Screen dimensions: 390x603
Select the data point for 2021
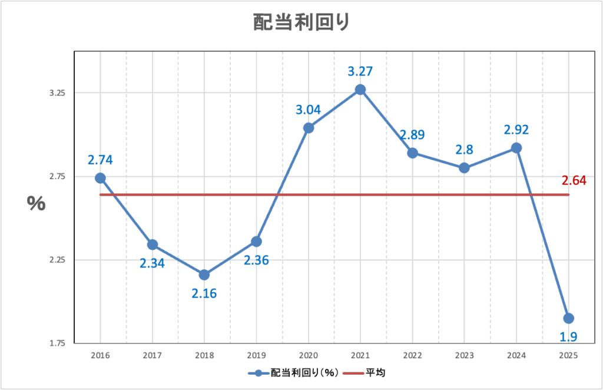[360, 90]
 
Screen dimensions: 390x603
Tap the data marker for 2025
[568, 318]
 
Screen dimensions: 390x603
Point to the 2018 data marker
[204, 275]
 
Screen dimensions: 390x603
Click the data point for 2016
[100, 178]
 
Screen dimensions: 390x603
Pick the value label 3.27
[360, 71]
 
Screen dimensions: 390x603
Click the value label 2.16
[204, 292]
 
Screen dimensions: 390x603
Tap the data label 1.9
[568, 336]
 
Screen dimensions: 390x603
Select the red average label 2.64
[574, 181]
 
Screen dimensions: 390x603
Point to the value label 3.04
[308, 110]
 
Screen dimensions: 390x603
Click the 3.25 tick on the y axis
[57, 93]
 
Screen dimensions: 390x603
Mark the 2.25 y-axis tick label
[57, 260]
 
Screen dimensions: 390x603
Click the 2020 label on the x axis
[308, 356]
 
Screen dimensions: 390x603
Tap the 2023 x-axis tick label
[464, 356]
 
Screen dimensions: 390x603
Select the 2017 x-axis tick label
[152, 356]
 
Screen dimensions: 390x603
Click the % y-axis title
[36, 204]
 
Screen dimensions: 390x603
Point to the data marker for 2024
[516, 148]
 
